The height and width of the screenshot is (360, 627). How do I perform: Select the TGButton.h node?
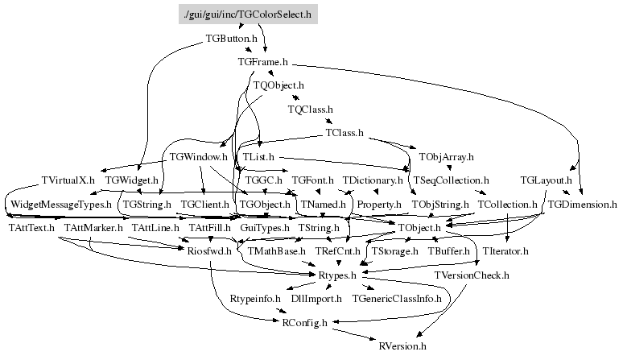(231, 38)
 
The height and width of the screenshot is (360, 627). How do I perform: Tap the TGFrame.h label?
(263, 61)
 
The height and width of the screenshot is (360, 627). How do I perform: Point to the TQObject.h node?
(278, 85)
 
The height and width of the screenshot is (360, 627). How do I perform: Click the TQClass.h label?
(310, 109)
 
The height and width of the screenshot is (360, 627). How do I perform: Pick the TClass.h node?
(344, 132)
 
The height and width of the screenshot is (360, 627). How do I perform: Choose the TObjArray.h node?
(446, 156)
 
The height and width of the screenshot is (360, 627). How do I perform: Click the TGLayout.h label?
(546, 180)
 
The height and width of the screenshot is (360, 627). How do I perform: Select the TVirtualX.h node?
(68, 180)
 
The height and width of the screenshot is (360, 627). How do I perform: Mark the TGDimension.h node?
(582, 205)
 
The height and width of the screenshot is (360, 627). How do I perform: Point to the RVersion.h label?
(402, 346)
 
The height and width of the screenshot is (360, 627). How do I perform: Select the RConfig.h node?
(304, 323)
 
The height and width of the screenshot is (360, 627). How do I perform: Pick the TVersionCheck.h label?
(472, 276)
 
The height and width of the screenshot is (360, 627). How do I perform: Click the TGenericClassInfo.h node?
(402, 299)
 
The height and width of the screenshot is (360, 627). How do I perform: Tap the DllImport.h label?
(316, 299)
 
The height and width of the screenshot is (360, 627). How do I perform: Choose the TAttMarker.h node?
(93, 229)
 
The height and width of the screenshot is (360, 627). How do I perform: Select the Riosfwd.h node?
(209, 252)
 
